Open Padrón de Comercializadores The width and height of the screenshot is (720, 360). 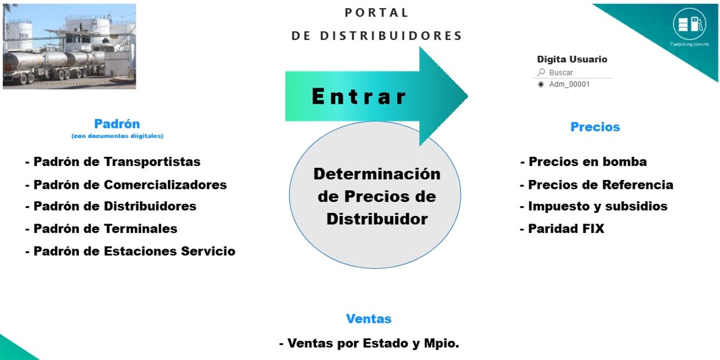126,185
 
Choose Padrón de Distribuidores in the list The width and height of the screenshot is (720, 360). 111,206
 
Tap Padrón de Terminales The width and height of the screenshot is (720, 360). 101,229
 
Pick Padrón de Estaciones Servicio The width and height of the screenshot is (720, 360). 130,251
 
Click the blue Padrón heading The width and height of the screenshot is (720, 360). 117,124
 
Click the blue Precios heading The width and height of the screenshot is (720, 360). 595,127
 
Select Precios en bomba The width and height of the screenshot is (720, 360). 584,162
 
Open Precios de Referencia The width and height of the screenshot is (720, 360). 597,185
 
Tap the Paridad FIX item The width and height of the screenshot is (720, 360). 562,229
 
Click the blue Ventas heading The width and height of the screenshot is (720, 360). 369,319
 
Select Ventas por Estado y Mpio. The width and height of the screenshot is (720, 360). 369,343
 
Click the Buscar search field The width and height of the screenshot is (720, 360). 575,73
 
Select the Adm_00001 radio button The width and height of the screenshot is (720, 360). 541,84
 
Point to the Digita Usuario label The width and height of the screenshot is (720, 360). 572,59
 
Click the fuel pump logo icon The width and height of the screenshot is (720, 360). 690,24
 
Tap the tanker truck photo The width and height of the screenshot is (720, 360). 69,46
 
